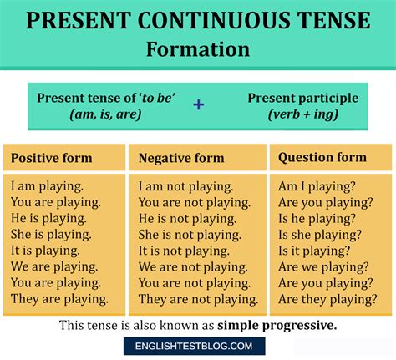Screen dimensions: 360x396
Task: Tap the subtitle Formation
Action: pyautogui.click(x=198, y=48)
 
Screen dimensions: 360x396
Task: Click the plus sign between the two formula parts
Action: pyautogui.click(x=198, y=105)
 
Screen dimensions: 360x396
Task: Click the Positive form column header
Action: pyautogui.click(x=52, y=158)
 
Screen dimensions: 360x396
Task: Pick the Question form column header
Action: pyautogui.click(x=322, y=157)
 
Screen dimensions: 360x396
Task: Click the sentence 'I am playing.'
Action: pyautogui.click(x=48, y=186)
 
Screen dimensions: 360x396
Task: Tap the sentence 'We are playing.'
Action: pyautogui.click(x=55, y=266)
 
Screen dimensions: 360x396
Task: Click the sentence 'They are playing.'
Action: pyautogui.click(x=59, y=298)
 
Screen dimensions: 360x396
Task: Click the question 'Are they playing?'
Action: pyautogui.click(x=326, y=298)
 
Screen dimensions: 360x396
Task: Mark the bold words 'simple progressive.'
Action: pyautogui.click(x=277, y=325)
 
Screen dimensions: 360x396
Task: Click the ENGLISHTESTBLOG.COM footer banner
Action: pyautogui.click(x=198, y=347)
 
